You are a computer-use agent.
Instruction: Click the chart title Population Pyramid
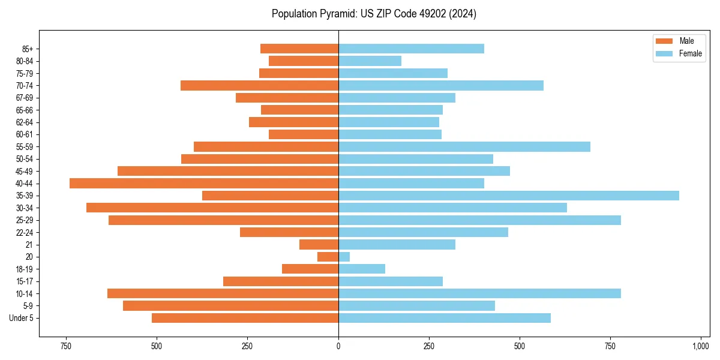374,14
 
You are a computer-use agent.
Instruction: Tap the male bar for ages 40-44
204,184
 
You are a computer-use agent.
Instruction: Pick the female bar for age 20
344,257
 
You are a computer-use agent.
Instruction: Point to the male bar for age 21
319,245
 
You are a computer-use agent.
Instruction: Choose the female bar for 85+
411,49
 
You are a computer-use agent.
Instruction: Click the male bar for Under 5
245,318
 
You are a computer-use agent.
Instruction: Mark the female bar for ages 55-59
464,147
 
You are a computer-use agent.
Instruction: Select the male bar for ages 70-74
259,86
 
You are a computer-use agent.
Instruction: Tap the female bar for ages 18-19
361,269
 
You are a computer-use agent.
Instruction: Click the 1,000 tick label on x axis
701,347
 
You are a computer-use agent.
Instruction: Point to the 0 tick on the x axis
338,347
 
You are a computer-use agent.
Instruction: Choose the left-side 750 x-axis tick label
66,347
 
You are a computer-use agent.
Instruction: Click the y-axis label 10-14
24,293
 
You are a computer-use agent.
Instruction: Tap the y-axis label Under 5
22,318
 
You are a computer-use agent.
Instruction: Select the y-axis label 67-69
24,98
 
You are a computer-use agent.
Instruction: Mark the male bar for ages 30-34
212,208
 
